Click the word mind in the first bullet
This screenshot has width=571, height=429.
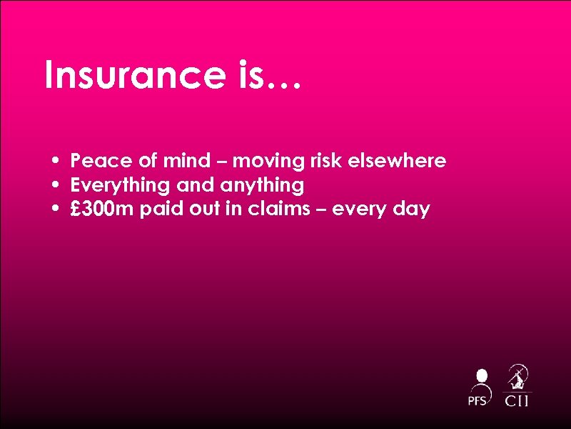coord(188,161)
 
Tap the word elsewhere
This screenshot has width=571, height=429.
coord(396,161)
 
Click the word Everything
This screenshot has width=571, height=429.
coord(120,186)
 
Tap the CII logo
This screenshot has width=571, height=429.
coord(517,386)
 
